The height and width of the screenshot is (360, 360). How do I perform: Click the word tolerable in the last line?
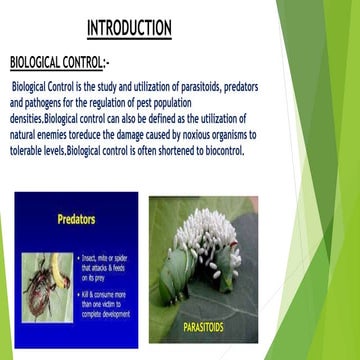point(30,151)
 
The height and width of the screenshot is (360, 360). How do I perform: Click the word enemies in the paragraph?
point(58,135)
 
